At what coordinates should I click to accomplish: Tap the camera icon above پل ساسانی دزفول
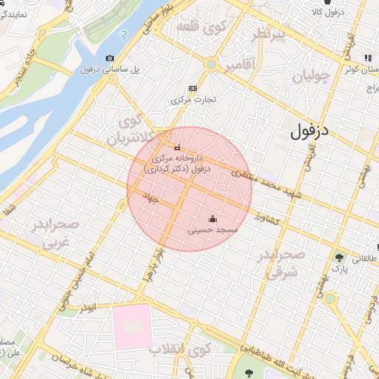coord(110,58)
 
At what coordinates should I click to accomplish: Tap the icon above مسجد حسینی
coord(213,218)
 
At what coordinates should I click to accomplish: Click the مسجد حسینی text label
coord(213,230)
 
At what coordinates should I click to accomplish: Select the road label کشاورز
coord(264,218)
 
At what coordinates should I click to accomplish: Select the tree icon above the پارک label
coord(339,258)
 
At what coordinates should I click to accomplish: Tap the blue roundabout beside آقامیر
coord(211,65)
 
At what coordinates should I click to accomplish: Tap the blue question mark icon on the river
coord(123,33)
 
